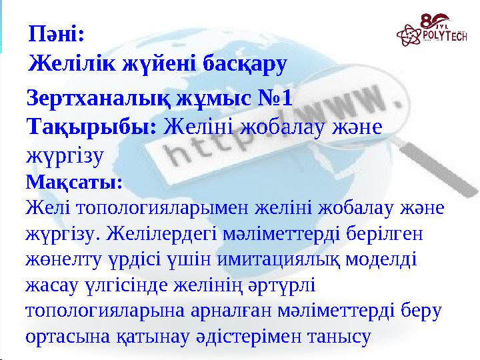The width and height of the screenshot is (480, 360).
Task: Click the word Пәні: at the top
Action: [x=57, y=32]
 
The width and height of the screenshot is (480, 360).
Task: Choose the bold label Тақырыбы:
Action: [x=91, y=125]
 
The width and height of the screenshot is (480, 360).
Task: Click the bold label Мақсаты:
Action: [x=73, y=181]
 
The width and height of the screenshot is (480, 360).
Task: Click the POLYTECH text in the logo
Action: [x=439, y=35]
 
